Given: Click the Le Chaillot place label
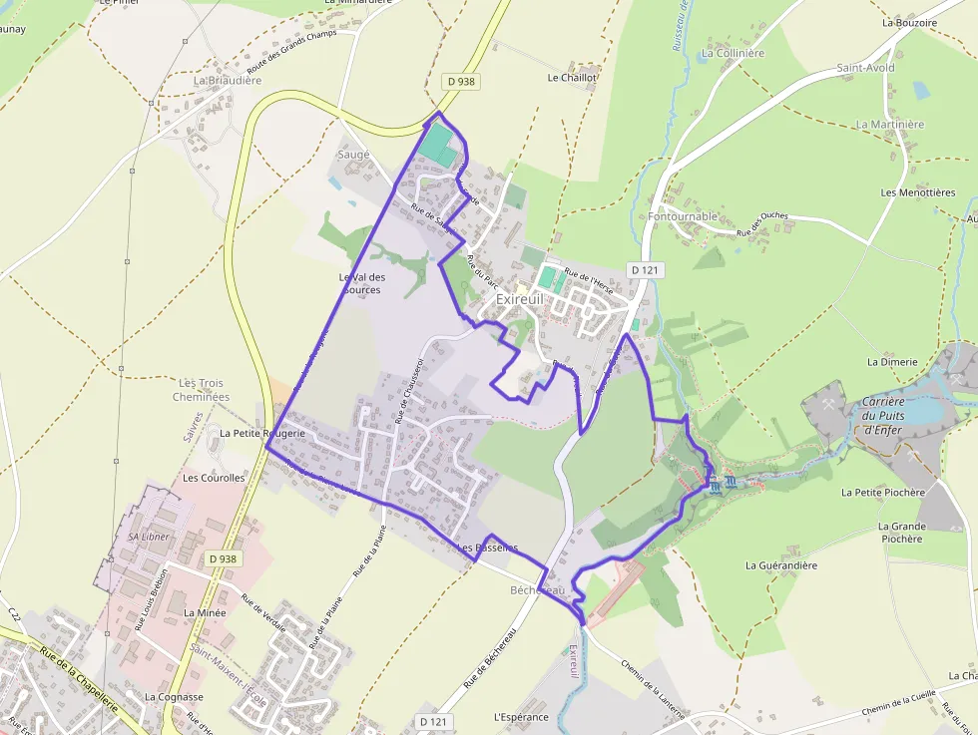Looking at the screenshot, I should [572, 77].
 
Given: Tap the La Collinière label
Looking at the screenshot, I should [733, 53].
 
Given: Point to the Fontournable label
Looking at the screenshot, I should [683, 216].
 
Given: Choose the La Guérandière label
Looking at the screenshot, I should [781, 565].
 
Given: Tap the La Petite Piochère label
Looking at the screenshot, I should [883, 493].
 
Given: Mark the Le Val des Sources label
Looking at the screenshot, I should [360, 283].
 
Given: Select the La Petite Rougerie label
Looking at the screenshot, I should [262, 434].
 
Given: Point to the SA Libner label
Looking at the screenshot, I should [149, 537].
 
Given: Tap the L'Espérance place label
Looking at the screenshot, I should [521, 717].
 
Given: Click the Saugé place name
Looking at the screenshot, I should [353, 155].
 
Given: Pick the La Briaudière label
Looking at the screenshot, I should [228, 80].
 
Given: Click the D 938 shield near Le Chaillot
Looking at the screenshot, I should [461, 82].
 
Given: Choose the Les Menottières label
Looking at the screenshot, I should [913, 192].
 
